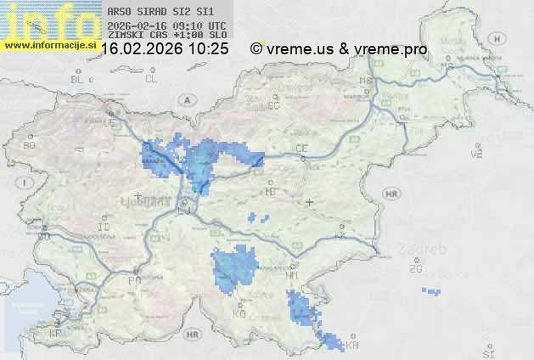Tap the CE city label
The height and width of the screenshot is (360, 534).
click(x=301, y=149)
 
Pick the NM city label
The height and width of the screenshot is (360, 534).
click(x=294, y=276)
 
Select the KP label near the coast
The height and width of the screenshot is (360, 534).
click(x=56, y=334)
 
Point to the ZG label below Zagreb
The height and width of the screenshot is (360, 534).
click(x=415, y=270)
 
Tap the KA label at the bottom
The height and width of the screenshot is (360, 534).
click(x=351, y=345)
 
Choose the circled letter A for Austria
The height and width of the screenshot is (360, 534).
click(x=185, y=99)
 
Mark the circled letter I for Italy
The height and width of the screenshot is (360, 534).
click(x=26, y=182)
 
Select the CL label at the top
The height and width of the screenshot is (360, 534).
click(x=152, y=79)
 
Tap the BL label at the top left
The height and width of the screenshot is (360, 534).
click(x=78, y=79)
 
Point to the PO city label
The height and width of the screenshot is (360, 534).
click(x=133, y=280)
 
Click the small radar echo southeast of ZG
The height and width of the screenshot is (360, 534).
click(x=431, y=291)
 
